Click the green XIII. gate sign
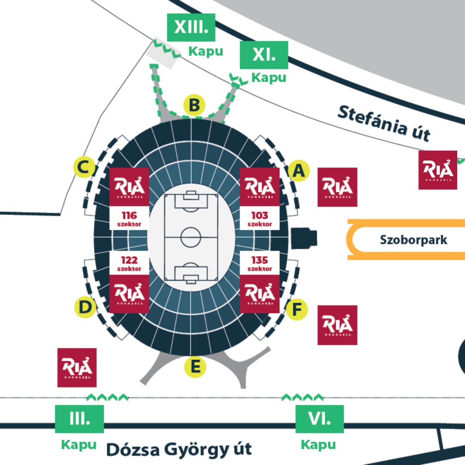(x=191, y=27)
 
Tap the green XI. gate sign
(x=263, y=55)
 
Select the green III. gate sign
(x=79, y=419)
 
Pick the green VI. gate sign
(x=319, y=419)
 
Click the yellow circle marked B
(x=194, y=105)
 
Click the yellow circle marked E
(x=195, y=367)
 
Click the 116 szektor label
(x=129, y=219)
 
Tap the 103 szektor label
(x=260, y=219)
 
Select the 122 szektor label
(x=129, y=263)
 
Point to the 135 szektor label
(x=260, y=263)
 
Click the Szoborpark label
(x=413, y=240)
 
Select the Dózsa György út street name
(x=179, y=449)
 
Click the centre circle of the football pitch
(x=191, y=237)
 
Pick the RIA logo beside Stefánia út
(x=437, y=170)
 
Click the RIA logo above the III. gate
(x=77, y=367)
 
